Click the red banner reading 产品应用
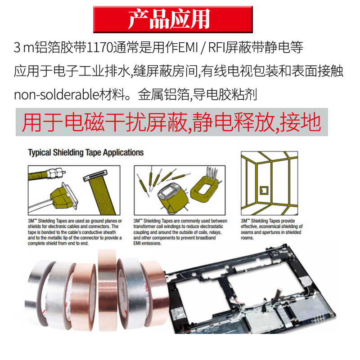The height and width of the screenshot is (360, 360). (x=173, y=19)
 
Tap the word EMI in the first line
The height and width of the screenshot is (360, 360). (x=188, y=47)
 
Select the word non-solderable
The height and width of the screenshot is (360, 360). (x=57, y=94)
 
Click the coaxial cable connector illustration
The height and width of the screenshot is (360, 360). (x=47, y=174)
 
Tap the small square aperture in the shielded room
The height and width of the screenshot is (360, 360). (x=264, y=191)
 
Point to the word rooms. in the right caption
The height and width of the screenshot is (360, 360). (x=247, y=238)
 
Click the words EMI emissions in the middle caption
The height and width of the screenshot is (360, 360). (x=147, y=243)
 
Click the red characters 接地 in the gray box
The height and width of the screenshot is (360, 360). (x=301, y=122)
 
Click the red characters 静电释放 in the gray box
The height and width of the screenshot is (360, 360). (x=234, y=122)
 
